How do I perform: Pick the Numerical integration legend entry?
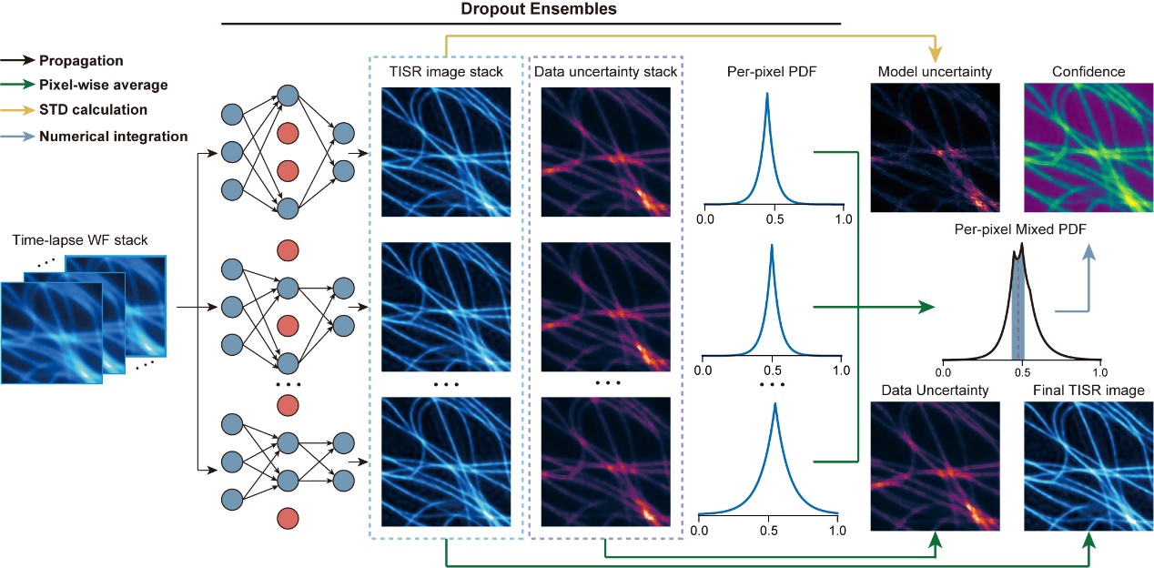tap(113, 136)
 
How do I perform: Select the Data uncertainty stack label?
tap(605, 71)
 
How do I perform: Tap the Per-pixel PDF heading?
tap(771, 71)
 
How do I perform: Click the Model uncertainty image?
tap(936, 147)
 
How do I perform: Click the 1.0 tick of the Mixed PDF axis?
tap(1100, 372)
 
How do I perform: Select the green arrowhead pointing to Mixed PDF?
tap(927, 307)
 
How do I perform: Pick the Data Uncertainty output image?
tap(936, 467)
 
